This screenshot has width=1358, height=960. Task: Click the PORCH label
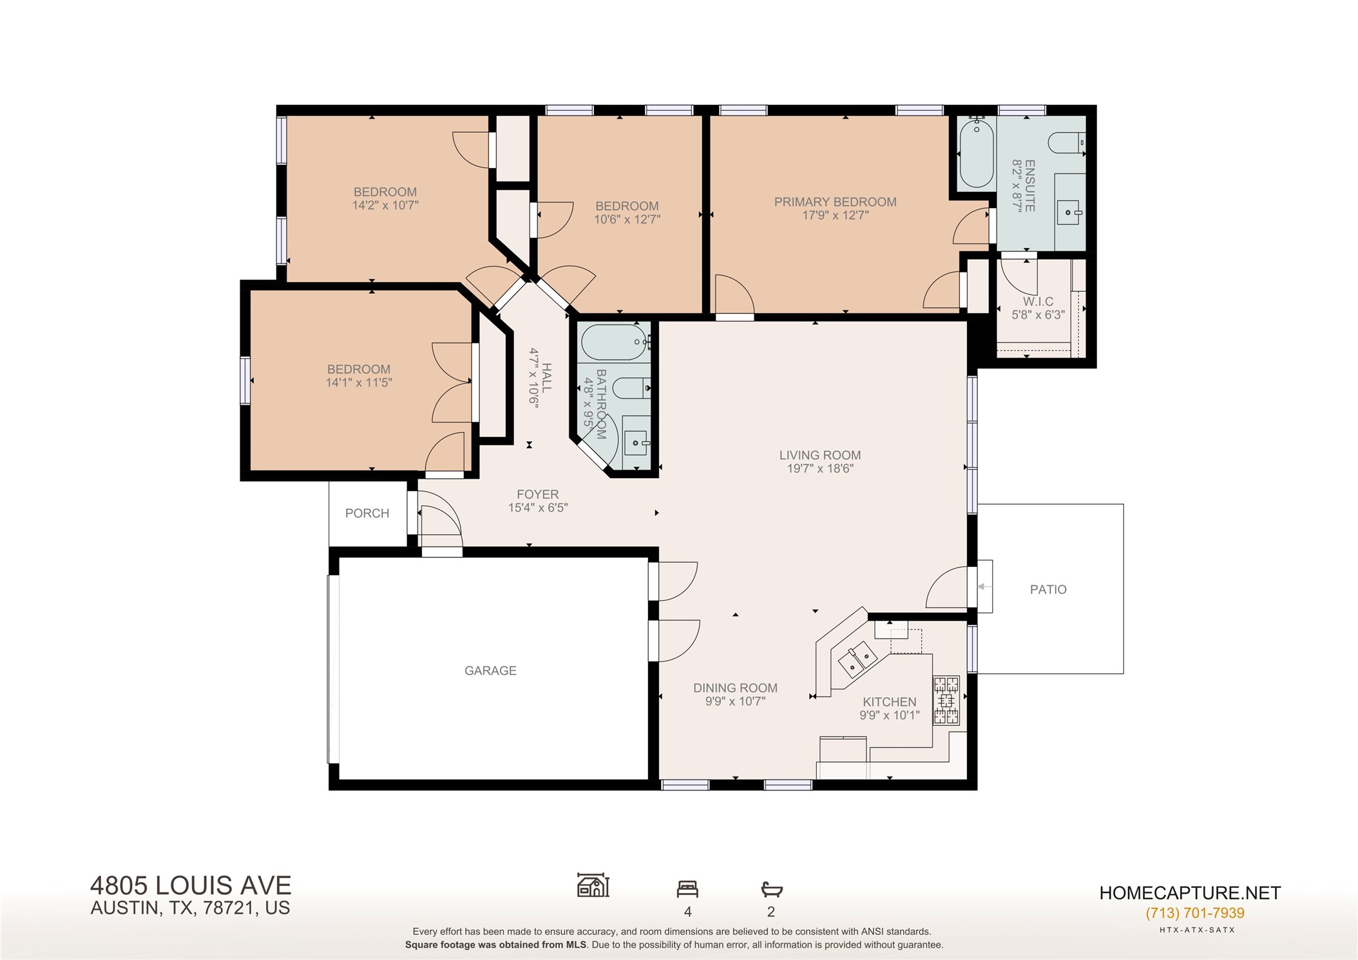point(367,514)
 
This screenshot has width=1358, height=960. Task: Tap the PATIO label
point(1048,590)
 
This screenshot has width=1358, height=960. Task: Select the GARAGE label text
point(490,671)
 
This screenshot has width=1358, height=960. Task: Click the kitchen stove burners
point(946,700)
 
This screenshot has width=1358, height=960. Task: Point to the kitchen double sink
point(857,658)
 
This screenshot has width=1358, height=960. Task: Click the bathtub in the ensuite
point(976,153)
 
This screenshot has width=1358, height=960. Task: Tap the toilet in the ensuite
point(1066,142)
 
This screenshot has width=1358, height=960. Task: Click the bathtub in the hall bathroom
point(615,342)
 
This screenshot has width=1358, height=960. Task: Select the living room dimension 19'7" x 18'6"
point(820,469)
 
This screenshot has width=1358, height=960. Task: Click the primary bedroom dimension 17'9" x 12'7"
point(835,216)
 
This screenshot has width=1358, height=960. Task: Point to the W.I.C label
point(1038,302)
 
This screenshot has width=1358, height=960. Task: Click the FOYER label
point(537,494)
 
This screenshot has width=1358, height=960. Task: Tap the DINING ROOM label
point(735,688)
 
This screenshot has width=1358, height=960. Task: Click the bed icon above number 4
point(687,890)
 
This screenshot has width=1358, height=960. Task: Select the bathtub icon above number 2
point(771,890)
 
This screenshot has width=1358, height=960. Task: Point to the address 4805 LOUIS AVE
point(191,885)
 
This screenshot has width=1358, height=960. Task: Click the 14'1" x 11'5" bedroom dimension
point(359,383)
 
